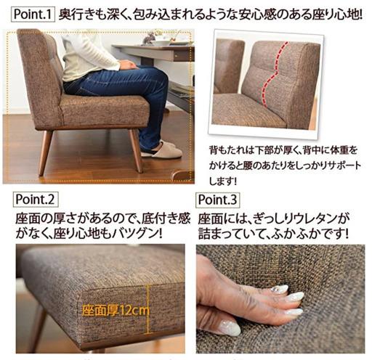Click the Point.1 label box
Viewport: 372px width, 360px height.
tap(33, 15)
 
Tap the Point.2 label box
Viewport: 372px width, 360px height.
tap(36, 200)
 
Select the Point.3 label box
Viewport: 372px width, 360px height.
tap(217, 200)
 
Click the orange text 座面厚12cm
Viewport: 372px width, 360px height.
tap(116, 311)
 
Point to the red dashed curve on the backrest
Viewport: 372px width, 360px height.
tap(275, 74)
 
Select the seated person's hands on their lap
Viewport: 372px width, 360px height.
tap(128, 65)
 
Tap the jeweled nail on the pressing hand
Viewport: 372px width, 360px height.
tap(279, 290)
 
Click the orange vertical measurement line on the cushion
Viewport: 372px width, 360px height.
tap(148, 309)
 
